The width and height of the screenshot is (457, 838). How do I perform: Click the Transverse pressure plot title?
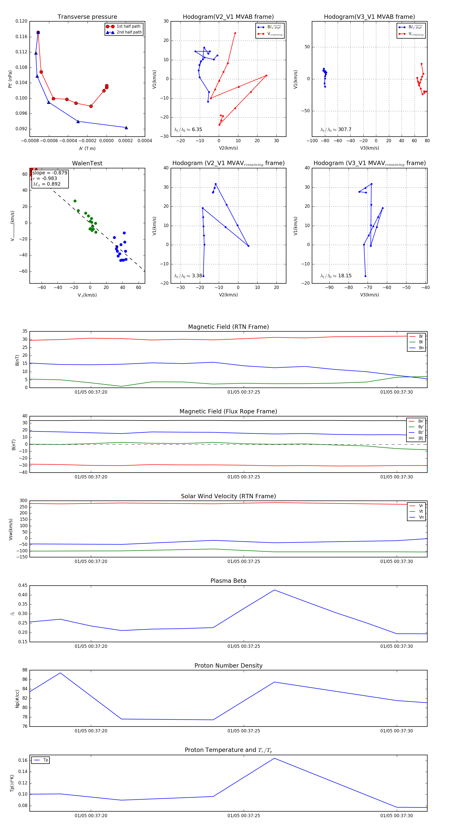pyautogui.click(x=87, y=17)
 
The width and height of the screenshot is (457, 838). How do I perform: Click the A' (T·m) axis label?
pyautogui.click(x=87, y=149)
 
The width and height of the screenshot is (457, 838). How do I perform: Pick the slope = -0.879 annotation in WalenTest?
pyautogui.click(x=50, y=173)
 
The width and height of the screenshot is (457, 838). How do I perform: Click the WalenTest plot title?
pyautogui.click(x=87, y=163)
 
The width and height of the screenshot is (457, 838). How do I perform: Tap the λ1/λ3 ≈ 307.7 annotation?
pyautogui.click(x=336, y=130)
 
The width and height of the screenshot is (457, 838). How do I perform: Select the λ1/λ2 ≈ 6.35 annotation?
pyautogui.click(x=188, y=130)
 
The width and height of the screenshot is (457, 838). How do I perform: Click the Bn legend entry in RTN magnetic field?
pyautogui.click(x=421, y=348)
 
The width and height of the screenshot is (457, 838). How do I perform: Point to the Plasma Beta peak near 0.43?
pyautogui.click(x=274, y=590)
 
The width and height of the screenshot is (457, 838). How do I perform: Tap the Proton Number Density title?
pyautogui.click(x=228, y=666)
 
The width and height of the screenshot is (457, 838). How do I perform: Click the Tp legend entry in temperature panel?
pyautogui.click(x=45, y=760)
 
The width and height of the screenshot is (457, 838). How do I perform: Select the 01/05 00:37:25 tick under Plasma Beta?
pyautogui.click(x=244, y=646)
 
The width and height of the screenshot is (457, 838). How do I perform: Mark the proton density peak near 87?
pyautogui.click(x=60, y=673)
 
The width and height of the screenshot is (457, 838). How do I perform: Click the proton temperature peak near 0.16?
pyautogui.click(x=274, y=758)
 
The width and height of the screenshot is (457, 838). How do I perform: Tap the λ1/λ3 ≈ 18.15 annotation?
pyautogui.click(x=336, y=276)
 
